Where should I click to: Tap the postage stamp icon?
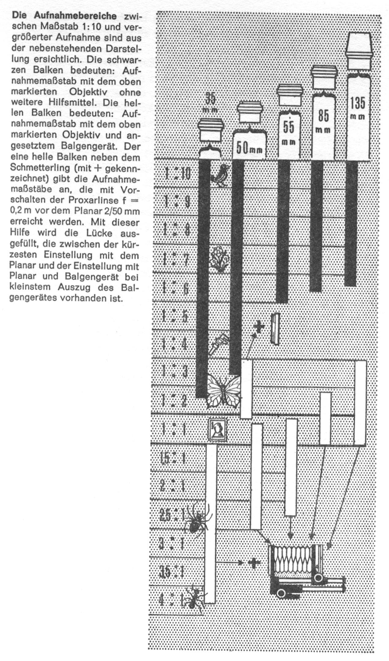pos(218,430)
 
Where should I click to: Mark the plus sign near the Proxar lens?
pos(259,328)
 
